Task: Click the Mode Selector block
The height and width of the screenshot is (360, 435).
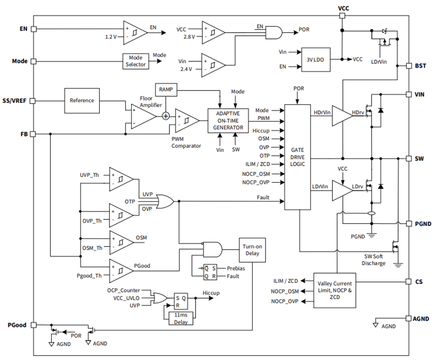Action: pos(136,61)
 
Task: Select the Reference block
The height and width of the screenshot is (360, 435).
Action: pos(82,100)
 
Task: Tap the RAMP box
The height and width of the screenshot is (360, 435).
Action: pos(165,89)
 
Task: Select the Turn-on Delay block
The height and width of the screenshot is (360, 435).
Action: pos(251,250)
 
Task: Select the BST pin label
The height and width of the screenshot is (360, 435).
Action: pos(420,65)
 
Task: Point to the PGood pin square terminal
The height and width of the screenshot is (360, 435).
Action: pos(34,325)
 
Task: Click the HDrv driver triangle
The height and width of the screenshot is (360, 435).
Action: pos(342,112)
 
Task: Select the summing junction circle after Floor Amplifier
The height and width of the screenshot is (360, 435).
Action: pos(166,116)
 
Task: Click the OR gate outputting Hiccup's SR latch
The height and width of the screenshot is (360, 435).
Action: pos(160,298)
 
